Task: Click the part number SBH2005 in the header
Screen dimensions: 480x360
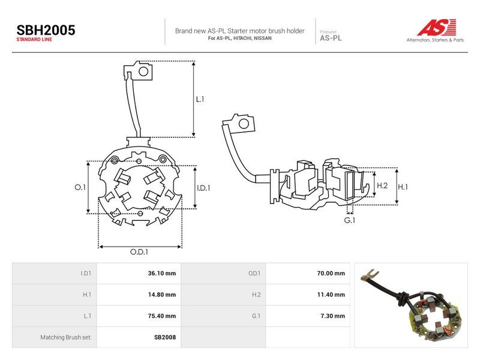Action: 46,31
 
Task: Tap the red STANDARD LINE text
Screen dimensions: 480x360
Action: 34,40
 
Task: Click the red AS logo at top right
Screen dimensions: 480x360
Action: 437,27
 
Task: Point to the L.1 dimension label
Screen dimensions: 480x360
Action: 200,99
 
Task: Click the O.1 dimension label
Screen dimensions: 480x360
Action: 80,187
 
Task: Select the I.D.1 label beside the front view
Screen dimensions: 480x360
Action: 203,188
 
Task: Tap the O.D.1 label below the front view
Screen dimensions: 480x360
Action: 139,251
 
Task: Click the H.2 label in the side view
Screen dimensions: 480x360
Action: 382,185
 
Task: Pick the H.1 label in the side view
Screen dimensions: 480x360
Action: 403,187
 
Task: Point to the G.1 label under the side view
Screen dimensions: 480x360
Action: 350,220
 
